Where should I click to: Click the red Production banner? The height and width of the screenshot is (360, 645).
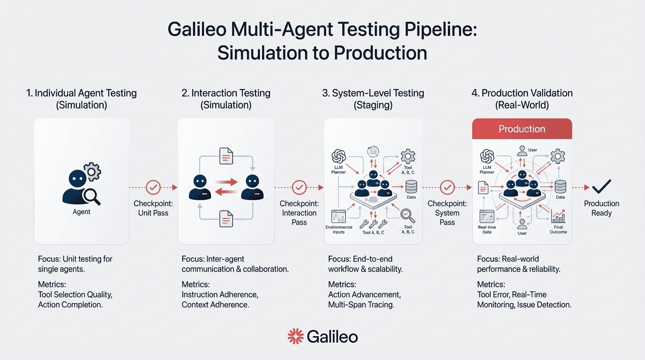[x=522, y=129]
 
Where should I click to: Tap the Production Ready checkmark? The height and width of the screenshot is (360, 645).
[x=601, y=187]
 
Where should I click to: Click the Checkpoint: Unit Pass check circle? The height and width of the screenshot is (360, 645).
[x=153, y=187]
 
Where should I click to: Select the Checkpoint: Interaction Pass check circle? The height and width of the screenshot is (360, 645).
[x=299, y=187]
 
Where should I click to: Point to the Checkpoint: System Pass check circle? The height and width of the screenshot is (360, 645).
[x=447, y=187]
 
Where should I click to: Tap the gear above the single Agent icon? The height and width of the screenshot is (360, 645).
[x=91, y=172]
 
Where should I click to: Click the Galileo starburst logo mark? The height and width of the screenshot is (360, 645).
[x=295, y=336]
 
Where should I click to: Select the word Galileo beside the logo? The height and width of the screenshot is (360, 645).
[x=332, y=337]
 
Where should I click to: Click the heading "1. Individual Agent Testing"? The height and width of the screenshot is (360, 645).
[x=82, y=93]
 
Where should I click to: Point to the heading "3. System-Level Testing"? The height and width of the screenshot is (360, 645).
[x=373, y=93]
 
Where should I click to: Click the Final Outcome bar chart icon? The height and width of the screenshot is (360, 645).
[x=558, y=217]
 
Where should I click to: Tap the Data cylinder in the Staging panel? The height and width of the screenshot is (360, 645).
[x=411, y=187]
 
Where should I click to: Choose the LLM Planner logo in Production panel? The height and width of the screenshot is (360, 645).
[x=487, y=156]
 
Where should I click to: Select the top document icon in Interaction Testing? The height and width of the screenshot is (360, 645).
[x=226, y=156]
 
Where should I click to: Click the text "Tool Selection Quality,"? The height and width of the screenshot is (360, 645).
[x=75, y=294]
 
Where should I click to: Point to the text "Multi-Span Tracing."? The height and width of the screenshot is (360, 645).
[x=361, y=305]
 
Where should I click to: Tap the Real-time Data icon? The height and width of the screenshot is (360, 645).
[x=487, y=217]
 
